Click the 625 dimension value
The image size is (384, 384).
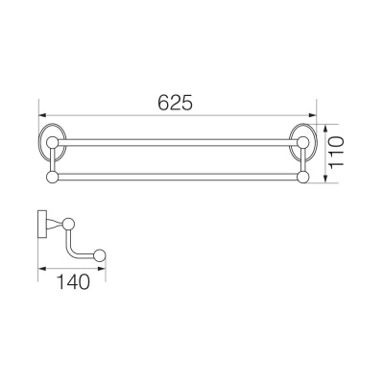tap(176, 103)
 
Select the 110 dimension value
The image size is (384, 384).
tap(336, 151)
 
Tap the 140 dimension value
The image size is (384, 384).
tap(73, 281)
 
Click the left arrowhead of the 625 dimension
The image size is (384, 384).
tap(42, 115)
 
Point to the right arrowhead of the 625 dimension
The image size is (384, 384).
tap(312, 115)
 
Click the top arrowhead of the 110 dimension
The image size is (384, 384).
tap(325, 129)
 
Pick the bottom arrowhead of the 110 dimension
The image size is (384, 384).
tap(325, 180)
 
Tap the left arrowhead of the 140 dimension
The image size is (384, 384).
tap(42, 268)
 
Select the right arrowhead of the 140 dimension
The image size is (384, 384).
tap(102, 268)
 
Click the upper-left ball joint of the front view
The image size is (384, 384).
tap(52, 142)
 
